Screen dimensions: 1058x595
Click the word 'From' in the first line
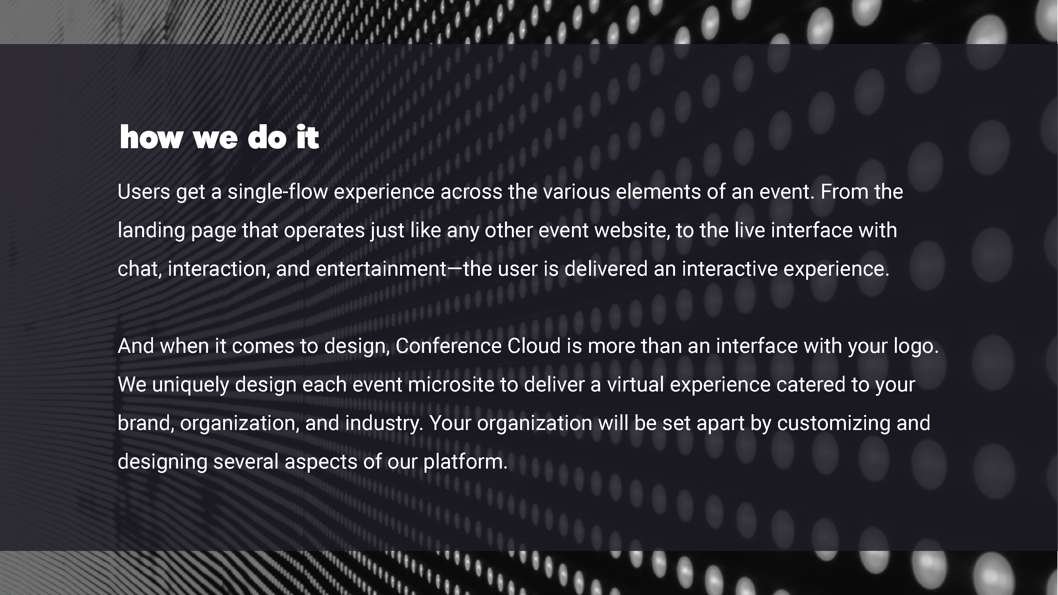pos(844,192)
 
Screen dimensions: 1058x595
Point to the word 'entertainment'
pos(381,269)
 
